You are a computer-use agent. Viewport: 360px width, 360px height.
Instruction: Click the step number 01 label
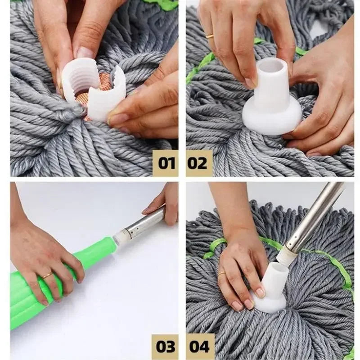coord(165,162)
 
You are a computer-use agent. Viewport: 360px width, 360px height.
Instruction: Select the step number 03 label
coord(165,346)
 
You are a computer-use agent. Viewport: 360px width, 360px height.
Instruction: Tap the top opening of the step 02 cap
coord(271,65)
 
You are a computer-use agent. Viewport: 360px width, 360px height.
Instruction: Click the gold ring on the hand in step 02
coord(210,36)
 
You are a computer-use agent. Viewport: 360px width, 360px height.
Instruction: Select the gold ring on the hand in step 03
coord(47,275)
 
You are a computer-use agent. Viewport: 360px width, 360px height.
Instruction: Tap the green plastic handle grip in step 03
coord(54,279)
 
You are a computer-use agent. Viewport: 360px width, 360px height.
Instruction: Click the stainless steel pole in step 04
coord(315,216)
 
